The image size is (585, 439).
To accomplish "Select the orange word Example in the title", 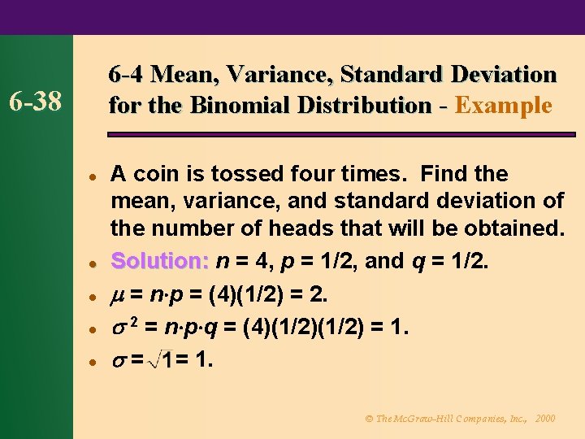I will click(504, 106).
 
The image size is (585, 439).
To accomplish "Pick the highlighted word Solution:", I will click(160, 261).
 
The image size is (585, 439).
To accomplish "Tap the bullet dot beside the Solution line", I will click(94, 263).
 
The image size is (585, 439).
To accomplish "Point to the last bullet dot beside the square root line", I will click(94, 359).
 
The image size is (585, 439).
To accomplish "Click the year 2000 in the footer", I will click(546, 418).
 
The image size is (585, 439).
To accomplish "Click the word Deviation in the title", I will click(504, 75).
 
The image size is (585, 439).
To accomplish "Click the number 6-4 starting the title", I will click(127, 75).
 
